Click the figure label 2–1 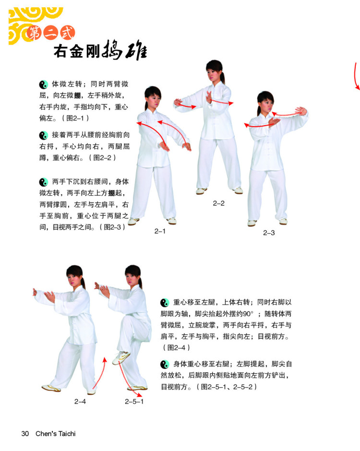(x=160, y=231)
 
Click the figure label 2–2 (x=219, y=203)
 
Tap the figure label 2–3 (x=269, y=233)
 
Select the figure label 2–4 (x=80, y=402)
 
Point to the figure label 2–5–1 (x=134, y=402)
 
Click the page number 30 (x=25, y=433)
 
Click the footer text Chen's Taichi (x=56, y=433)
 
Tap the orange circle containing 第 (x=34, y=34)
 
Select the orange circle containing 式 (x=67, y=33)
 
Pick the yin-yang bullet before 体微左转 (x=44, y=84)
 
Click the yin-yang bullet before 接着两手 (x=44, y=135)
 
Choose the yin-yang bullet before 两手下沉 (x=44, y=182)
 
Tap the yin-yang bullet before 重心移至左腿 (x=165, y=303)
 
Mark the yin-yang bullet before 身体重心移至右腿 (x=165, y=365)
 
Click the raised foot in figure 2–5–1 (x=121, y=358)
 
